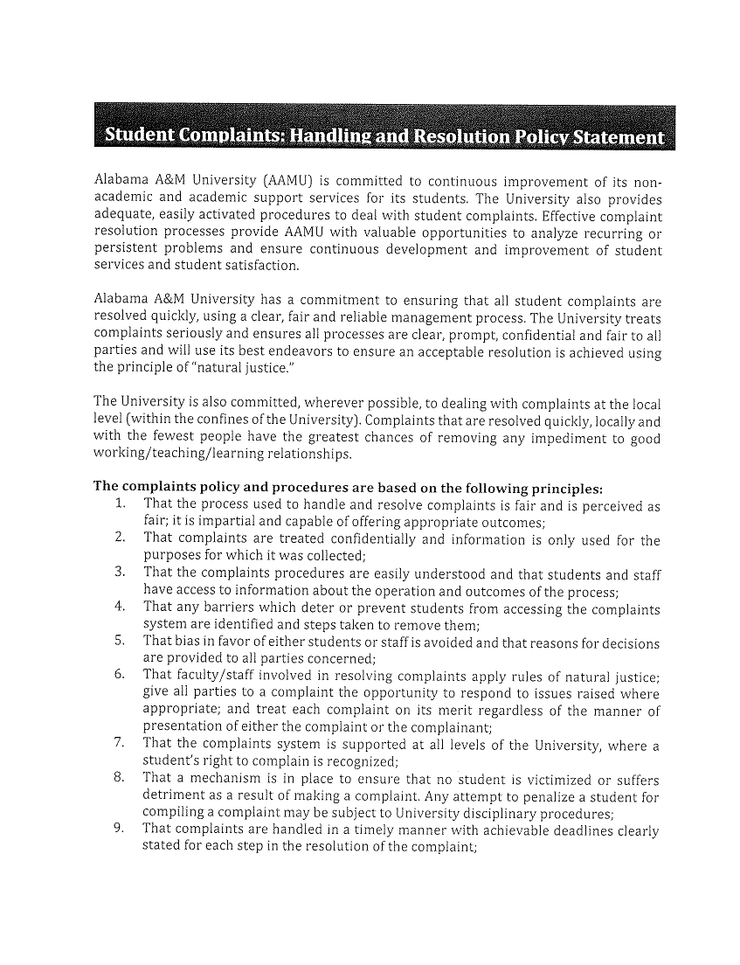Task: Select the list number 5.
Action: tap(121, 642)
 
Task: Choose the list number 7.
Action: tap(121, 744)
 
